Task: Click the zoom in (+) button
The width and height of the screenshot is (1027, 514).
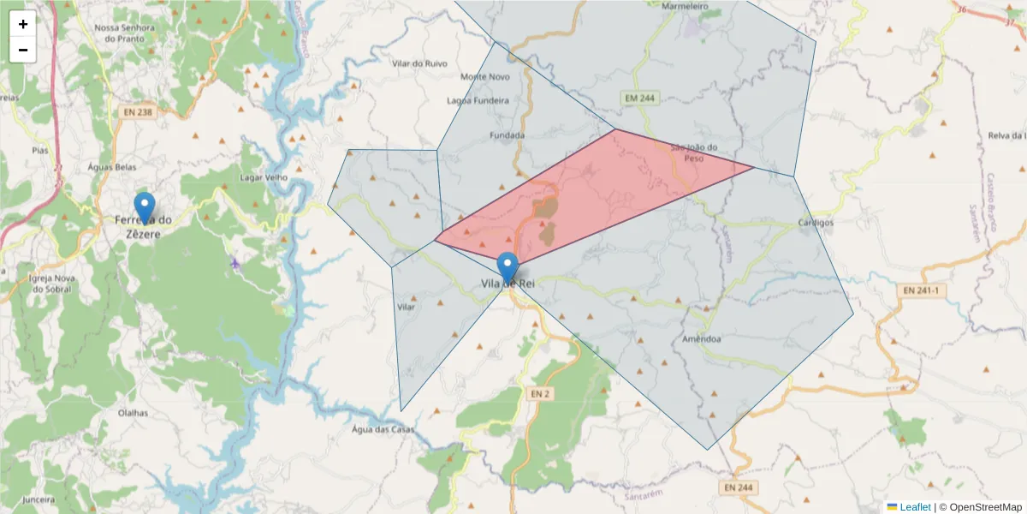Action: click(x=23, y=24)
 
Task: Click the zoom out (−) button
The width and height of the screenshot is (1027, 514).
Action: click(x=23, y=50)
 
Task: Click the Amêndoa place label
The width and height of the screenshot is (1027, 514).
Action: click(x=702, y=338)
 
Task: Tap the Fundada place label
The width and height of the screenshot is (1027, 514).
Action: click(x=507, y=135)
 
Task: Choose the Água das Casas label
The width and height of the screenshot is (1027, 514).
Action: click(x=383, y=429)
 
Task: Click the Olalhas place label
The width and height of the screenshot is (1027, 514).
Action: click(x=133, y=413)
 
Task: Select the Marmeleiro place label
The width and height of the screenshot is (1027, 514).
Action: click(x=686, y=6)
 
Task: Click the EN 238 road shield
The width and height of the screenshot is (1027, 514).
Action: click(x=138, y=112)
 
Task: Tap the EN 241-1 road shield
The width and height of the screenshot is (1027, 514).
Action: click(x=921, y=290)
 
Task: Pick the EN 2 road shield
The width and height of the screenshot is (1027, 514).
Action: click(x=538, y=393)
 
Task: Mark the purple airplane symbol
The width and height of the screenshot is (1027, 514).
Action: click(x=235, y=262)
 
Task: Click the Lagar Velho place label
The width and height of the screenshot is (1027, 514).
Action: click(x=264, y=177)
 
